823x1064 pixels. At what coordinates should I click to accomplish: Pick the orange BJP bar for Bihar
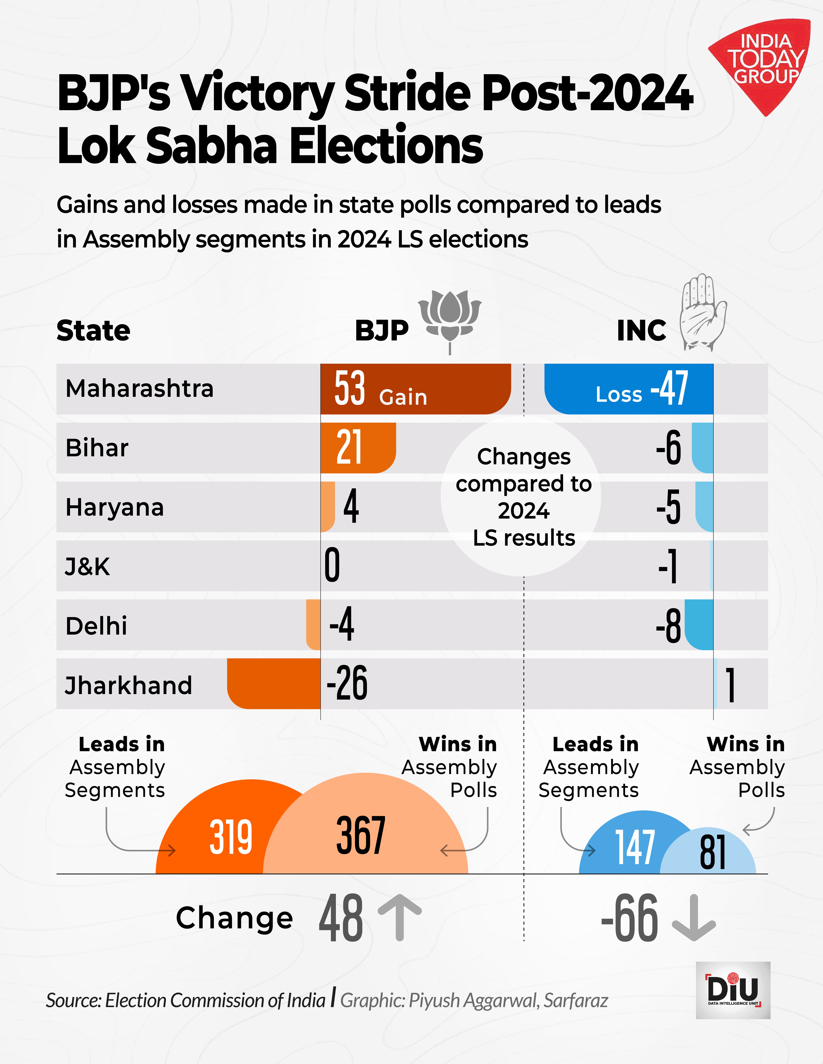(358, 447)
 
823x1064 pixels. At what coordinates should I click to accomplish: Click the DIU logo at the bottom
(733, 990)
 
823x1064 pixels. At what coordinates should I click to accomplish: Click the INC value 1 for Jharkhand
(730, 685)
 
